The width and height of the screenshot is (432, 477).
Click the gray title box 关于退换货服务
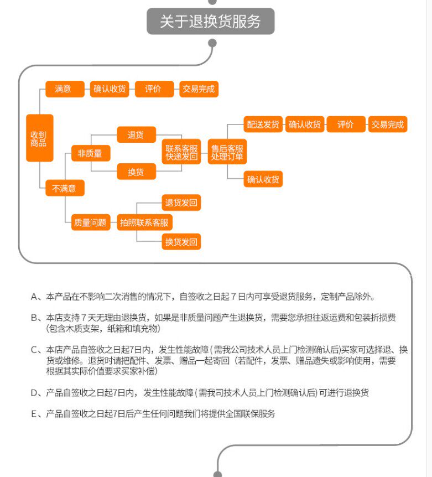click(x=210, y=22)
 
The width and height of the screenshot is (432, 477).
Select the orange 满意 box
click(x=63, y=89)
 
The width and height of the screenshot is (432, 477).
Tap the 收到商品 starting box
click(x=39, y=138)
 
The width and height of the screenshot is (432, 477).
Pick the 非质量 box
click(x=90, y=153)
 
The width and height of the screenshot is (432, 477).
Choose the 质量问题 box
click(x=90, y=223)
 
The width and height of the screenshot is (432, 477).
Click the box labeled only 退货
click(x=136, y=135)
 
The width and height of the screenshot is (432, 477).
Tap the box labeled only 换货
click(x=136, y=172)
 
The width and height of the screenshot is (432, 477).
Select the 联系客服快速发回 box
click(x=181, y=153)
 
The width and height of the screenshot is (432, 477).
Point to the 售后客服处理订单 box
click(x=227, y=153)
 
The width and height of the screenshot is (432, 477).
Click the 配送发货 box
click(x=263, y=125)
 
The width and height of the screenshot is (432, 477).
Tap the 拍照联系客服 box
click(x=145, y=223)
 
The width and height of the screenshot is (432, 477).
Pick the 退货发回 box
click(x=181, y=203)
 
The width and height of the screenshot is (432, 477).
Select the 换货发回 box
click(x=181, y=241)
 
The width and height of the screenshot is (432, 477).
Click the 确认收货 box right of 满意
click(x=110, y=89)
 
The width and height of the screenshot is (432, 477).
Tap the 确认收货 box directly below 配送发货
click(x=263, y=179)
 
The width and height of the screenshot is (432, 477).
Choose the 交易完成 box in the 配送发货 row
click(x=387, y=125)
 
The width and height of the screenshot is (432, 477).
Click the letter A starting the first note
click(x=34, y=297)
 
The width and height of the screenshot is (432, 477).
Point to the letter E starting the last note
click(x=34, y=413)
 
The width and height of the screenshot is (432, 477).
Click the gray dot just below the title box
click(x=211, y=43)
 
